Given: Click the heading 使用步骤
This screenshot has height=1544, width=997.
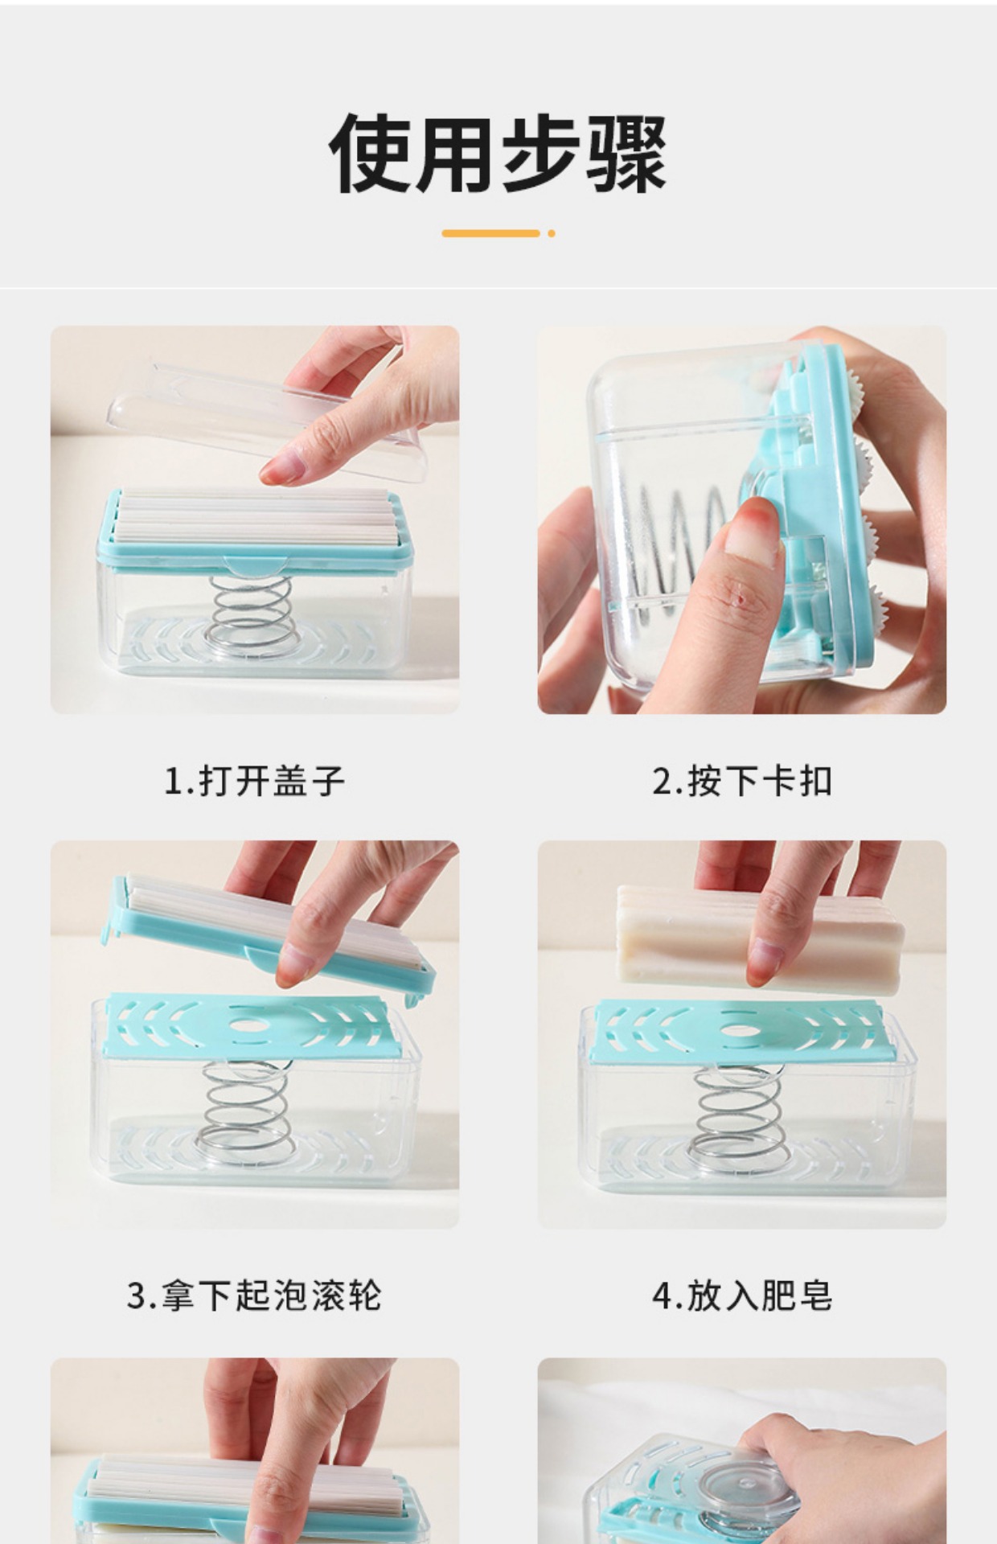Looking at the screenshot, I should [498, 153].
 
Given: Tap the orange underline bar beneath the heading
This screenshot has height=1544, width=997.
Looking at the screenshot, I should [490, 233].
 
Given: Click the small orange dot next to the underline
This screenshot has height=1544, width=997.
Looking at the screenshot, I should [552, 233].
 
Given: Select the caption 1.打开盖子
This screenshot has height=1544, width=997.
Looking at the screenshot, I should [254, 781].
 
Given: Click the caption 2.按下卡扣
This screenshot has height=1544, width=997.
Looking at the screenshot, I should [741, 781].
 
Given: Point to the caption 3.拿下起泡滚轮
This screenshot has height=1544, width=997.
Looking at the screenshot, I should [254, 1296].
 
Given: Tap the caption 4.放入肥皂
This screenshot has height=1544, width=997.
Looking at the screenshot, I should [741, 1296].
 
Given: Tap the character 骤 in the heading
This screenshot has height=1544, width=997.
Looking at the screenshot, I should [626, 153].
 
